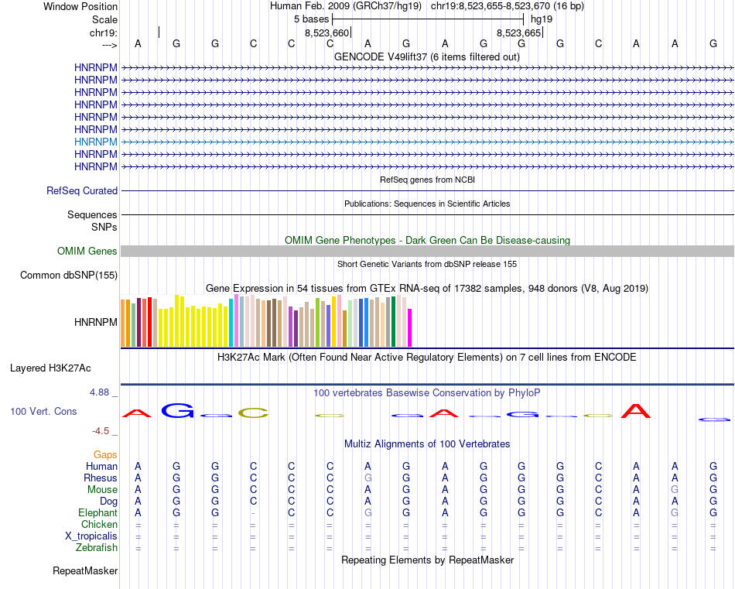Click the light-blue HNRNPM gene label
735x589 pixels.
[96, 142]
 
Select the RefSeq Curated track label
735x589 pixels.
[82, 190]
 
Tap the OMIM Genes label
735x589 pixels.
[87, 251]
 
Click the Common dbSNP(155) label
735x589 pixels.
[69, 275]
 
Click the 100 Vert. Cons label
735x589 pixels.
[43, 411]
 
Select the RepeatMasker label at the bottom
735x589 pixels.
[85, 571]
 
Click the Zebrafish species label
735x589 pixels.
[98, 548]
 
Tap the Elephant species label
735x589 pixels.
[97, 512]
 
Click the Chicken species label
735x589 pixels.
[100, 525]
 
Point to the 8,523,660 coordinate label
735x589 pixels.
[327, 33]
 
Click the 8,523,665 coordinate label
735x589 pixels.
[518, 33]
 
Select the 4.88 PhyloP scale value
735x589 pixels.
[100, 392]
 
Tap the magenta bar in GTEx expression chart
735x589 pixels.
[410, 327]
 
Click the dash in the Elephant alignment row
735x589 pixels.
[253, 513]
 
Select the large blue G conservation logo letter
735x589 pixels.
[177, 411]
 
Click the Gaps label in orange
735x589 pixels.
[105, 454]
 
